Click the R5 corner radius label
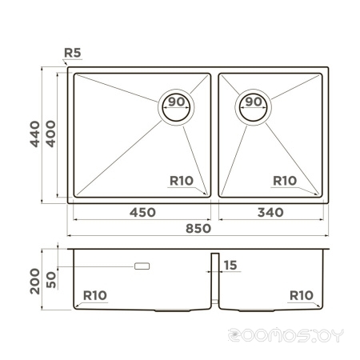click(73, 53)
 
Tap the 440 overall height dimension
click(35, 134)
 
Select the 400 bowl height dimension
click(50, 134)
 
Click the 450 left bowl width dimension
click(142, 213)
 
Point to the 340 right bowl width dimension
click(270, 213)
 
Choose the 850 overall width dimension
click(198, 229)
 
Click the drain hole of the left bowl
click(176, 107)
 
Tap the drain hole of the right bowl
click(253, 107)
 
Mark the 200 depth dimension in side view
click(35, 282)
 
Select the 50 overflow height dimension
click(51, 280)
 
